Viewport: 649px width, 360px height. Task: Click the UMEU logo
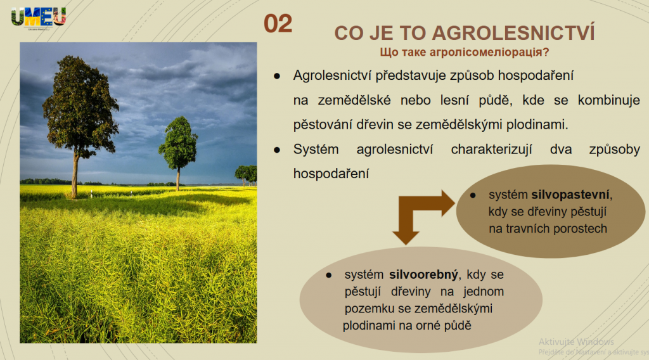point(39,17)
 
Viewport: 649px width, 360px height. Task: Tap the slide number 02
point(278,23)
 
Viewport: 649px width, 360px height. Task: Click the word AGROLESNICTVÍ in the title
point(513,32)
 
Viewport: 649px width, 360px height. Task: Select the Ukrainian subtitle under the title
point(465,52)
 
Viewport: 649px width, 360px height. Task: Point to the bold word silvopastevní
point(570,195)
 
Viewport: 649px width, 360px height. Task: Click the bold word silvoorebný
point(423,274)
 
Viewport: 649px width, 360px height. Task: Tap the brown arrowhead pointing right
point(448,203)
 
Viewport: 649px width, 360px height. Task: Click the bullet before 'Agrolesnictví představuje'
point(277,76)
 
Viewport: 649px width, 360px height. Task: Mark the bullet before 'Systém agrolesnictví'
point(277,150)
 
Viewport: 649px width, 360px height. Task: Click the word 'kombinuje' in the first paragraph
point(609,100)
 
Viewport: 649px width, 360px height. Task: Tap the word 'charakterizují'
point(491,149)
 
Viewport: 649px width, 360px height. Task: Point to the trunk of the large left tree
point(75,175)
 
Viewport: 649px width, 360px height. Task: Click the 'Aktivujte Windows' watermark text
point(576,342)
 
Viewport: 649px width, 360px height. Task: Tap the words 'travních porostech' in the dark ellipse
point(548,228)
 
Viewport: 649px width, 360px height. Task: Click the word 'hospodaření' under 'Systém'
point(331,174)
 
